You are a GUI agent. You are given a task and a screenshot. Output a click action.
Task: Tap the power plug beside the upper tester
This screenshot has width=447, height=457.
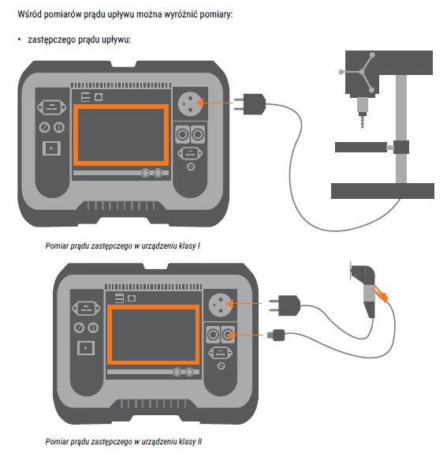[x=250, y=104]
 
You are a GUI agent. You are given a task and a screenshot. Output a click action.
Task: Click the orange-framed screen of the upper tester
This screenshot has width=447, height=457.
[x=121, y=135]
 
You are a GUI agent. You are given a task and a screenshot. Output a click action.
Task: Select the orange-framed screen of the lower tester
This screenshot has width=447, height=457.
[x=154, y=335]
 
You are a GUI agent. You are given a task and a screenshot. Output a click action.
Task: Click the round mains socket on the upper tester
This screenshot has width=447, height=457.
[x=190, y=103]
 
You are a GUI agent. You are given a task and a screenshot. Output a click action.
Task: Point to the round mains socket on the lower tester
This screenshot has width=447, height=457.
[x=221, y=305]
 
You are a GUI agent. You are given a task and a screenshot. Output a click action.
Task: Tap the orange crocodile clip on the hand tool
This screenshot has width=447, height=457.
[x=380, y=294]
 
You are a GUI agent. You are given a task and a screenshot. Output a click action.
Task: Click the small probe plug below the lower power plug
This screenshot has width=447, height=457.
[x=276, y=335]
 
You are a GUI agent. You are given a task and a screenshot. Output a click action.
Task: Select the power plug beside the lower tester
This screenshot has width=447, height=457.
[x=285, y=305]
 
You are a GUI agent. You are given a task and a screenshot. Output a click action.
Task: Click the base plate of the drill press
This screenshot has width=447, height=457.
[x=382, y=191]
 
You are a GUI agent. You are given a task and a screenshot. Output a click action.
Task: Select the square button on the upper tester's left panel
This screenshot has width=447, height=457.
[x=51, y=148]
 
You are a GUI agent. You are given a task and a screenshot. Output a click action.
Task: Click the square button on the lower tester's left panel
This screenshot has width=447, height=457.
[x=86, y=348]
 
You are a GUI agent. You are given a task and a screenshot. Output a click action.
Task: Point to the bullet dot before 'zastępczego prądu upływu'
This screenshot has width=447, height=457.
[x=20, y=39]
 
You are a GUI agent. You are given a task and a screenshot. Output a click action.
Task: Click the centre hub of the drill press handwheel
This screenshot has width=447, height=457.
[x=362, y=72]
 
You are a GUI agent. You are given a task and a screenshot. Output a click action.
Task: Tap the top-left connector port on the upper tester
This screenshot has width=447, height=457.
[x=51, y=107]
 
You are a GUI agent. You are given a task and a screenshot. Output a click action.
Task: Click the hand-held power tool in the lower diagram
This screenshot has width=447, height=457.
[x=363, y=290]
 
